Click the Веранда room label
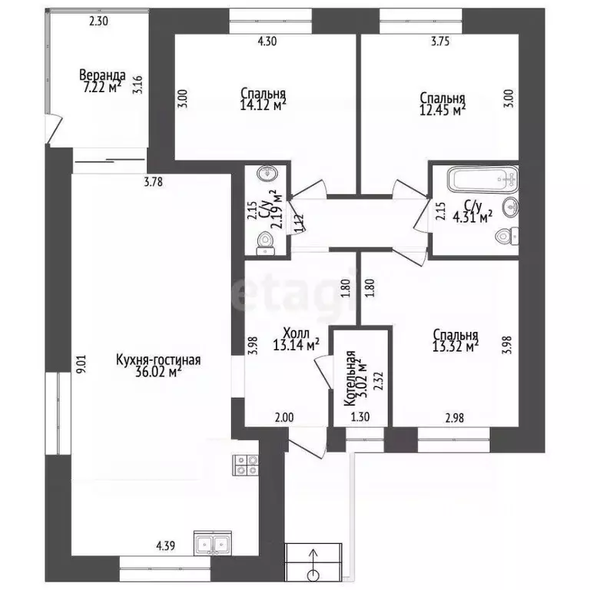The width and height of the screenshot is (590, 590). click(x=102, y=75)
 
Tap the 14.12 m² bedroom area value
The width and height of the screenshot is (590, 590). click(x=263, y=104)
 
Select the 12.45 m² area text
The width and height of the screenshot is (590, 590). click(x=442, y=110)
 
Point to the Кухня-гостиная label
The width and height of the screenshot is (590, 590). click(x=158, y=360)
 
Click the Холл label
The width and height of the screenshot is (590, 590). click(x=296, y=333)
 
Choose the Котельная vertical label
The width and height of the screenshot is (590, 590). click(x=350, y=379)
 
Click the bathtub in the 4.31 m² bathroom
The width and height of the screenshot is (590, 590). click(x=482, y=180)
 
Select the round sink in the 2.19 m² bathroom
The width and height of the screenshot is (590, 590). click(x=267, y=174)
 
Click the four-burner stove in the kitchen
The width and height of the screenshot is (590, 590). click(x=246, y=465)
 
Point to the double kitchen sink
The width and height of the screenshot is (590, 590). click(x=213, y=544)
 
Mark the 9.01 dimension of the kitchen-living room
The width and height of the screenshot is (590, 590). click(x=82, y=363)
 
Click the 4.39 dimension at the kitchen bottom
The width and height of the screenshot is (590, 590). click(x=166, y=545)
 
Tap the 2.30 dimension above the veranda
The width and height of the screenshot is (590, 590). click(x=98, y=21)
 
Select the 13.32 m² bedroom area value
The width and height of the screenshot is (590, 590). click(x=456, y=346)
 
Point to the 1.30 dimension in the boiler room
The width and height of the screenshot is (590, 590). click(x=360, y=417)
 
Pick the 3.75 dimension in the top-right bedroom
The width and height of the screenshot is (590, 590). click(x=440, y=41)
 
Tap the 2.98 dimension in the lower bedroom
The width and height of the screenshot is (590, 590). click(x=455, y=418)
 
